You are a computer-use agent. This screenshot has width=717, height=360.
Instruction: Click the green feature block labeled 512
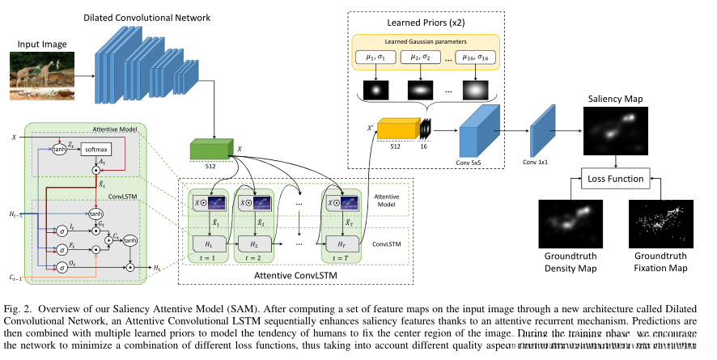pyautogui.click(x=210, y=150)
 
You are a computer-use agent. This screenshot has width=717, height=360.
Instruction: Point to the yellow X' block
pyautogui.click(x=399, y=132)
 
